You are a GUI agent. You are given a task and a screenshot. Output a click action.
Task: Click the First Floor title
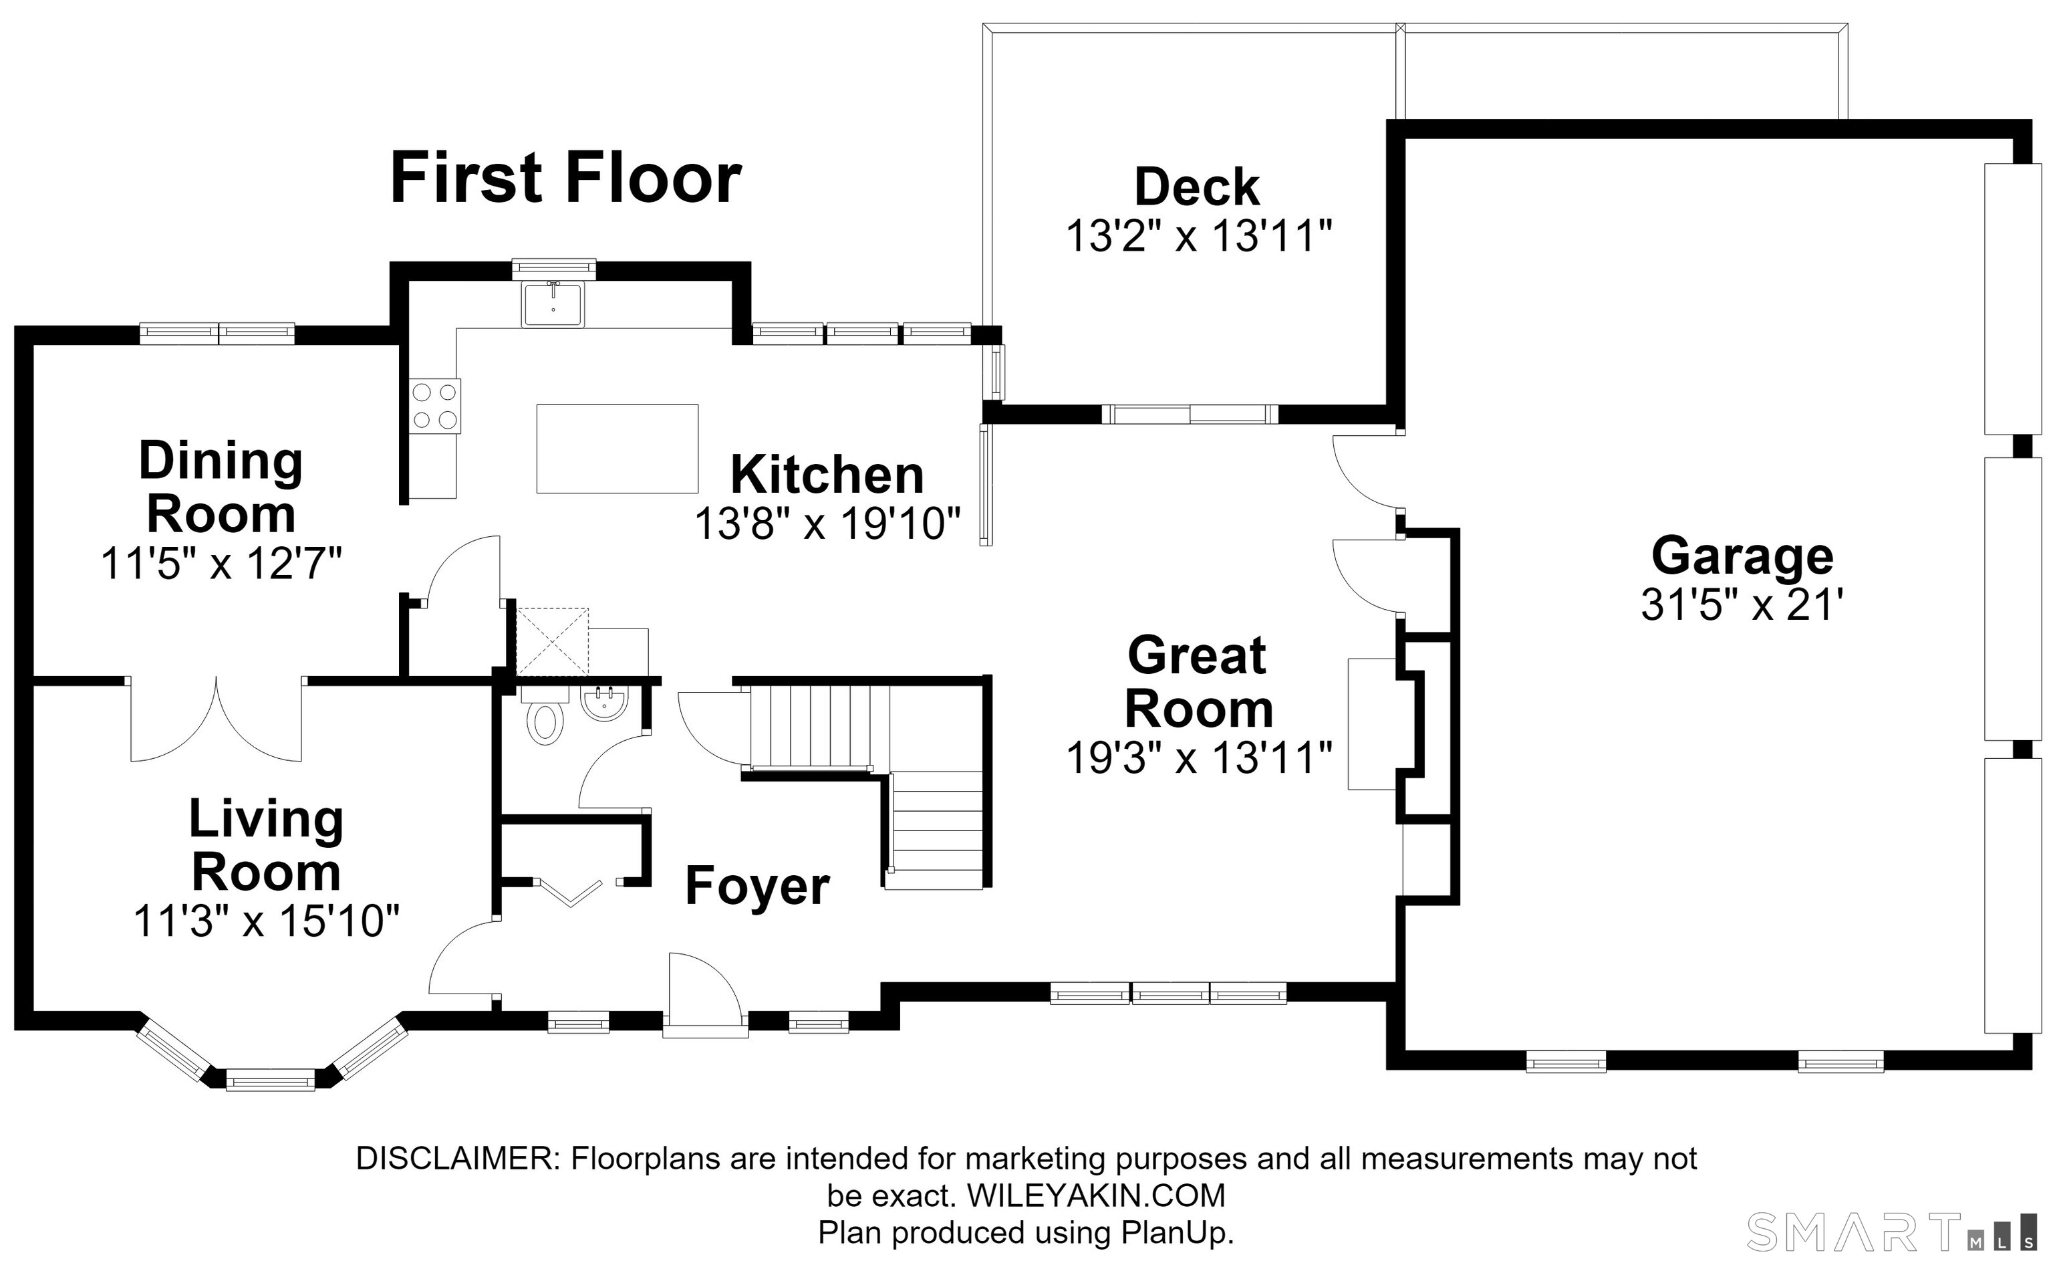click(565, 178)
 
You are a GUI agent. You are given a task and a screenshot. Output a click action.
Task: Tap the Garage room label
click(1742, 556)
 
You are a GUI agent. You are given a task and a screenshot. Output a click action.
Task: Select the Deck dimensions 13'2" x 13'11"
click(1198, 236)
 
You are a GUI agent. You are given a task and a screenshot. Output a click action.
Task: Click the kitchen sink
click(553, 304)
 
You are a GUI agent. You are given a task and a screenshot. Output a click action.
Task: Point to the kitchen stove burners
click(434, 406)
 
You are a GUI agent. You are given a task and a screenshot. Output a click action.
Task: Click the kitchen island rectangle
click(618, 449)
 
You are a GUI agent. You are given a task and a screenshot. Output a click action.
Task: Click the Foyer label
click(757, 886)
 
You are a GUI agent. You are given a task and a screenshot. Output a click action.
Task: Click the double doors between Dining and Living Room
click(216, 719)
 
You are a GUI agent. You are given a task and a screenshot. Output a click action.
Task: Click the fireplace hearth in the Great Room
click(1372, 724)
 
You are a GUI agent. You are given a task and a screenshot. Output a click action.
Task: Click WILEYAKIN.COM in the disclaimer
click(1097, 1195)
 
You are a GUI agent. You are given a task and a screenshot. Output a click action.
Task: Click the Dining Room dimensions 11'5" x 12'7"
click(221, 563)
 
